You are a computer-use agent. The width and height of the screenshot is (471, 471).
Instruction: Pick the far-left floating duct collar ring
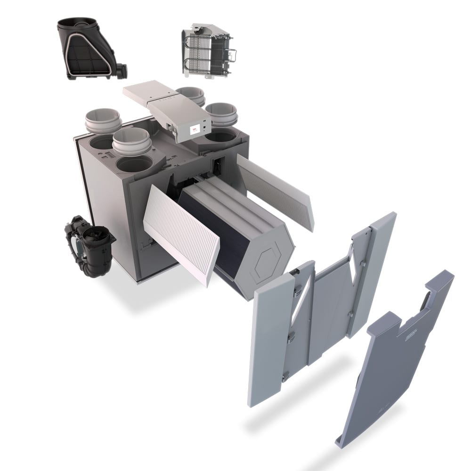click(103, 120)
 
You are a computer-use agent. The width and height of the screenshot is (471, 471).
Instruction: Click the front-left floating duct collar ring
click(131, 141)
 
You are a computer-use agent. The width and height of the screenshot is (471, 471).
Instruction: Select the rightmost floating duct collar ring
click(221, 114)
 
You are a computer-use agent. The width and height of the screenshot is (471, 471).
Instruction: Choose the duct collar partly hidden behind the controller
click(191, 94)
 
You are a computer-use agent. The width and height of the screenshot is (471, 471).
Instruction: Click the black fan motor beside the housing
click(89, 245)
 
